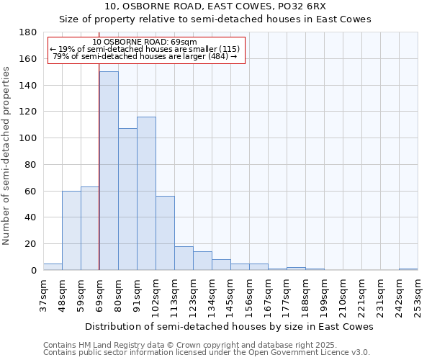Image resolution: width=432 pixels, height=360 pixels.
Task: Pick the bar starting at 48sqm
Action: point(71,230)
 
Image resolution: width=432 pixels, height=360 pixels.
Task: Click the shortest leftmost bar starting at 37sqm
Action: point(53,266)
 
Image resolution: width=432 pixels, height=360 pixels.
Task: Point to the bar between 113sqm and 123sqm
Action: point(184,258)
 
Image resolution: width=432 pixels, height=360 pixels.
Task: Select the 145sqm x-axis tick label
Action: point(230,296)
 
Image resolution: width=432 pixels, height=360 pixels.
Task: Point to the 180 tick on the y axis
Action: point(29,32)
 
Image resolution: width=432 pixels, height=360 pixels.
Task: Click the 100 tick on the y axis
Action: point(29,138)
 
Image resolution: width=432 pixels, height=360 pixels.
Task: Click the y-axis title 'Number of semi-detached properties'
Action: point(7,156)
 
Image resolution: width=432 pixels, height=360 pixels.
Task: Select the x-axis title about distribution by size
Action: point(229,326)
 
